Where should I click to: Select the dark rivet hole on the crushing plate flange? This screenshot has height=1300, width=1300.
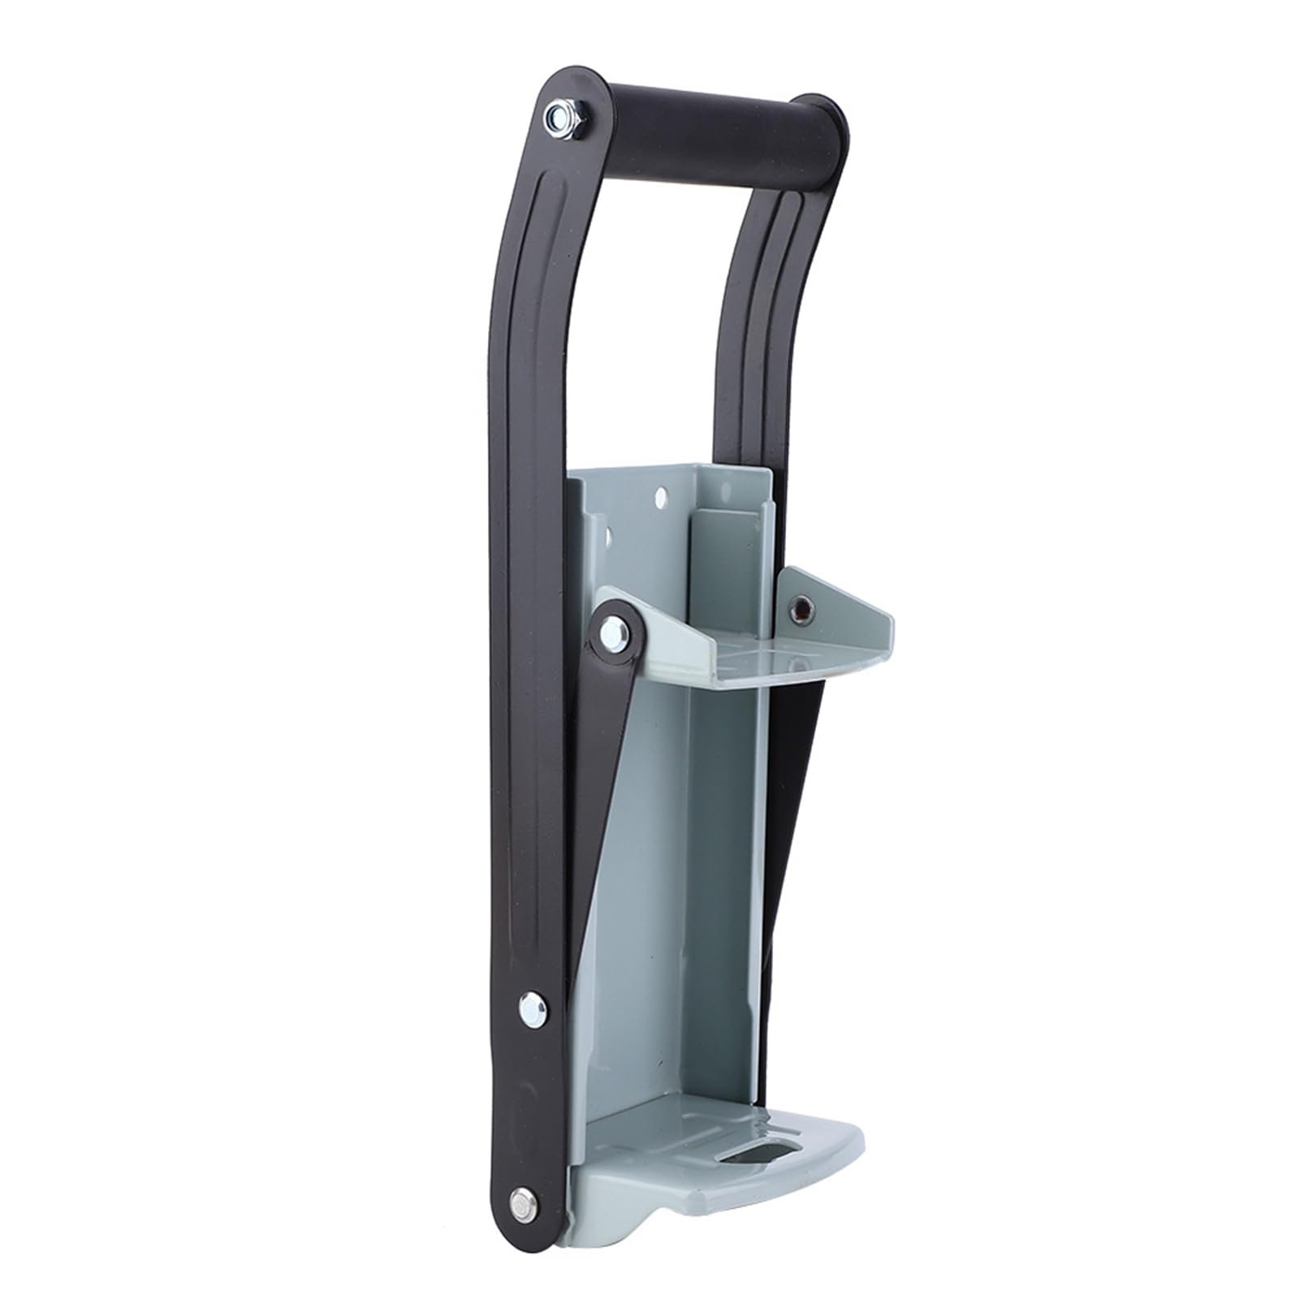801,608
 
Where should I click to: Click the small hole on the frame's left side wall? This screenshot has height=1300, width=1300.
605,537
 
